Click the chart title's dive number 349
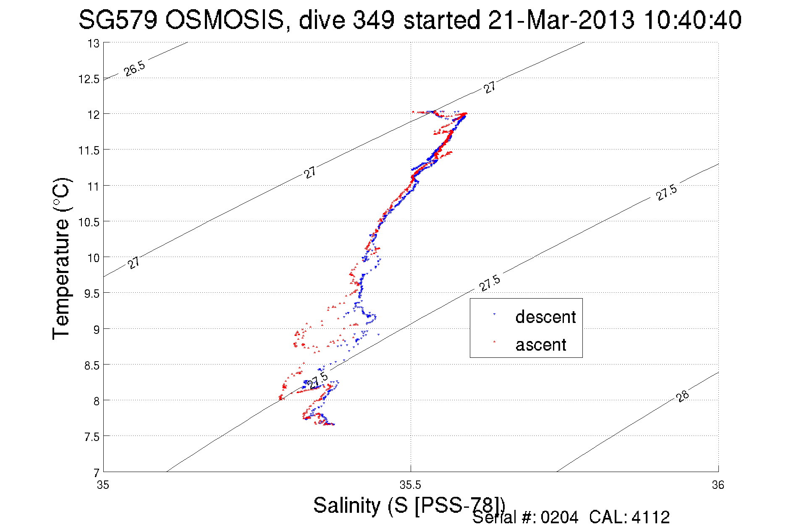pyautogui.click(x=373, y=20)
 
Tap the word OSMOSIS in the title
pyautogui.click(x=225, y=20)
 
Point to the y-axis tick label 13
pyautogui.click(x=93, y=44)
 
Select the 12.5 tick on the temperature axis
pyautogui.click(x=89, y=79)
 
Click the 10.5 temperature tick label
pyautogui.click(x=89, y=222)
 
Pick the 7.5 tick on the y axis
pyautogui.click(x=92, y=437)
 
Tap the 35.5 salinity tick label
pyautogui.click(x=410, y=485)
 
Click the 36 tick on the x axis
pyautogui.click(x=718, y=485)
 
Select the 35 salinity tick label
pyautogui.click(x=103, y=485)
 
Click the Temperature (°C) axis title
pyautogui.click(x=61, y=259)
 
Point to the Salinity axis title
pyautogui.click(x=409, y=505)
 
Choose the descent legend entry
pyautogui.click(x=545, y=317)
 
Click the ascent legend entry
pyautogui.click(x=540, y=345)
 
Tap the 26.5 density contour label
pyautogui.click(x=134, y=68)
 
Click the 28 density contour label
pyautogui.click(x=683, y=396)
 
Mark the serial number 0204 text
pyautogui.click(x=559, y=517)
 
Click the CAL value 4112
pyautogui.click(x=650, y=517)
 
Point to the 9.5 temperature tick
pyautogui.click(x=92, y=294)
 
